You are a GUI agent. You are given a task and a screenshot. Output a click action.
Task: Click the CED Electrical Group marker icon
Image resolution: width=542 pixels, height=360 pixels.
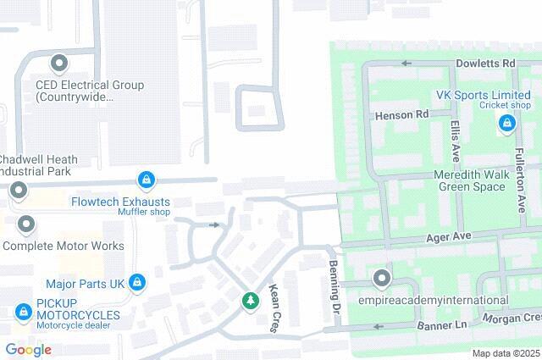pos(59,64)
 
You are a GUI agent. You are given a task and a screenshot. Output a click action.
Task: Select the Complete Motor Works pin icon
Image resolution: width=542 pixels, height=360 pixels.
pos(27,225)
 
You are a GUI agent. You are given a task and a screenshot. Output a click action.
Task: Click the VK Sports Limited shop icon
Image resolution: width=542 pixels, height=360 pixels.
pos(506,124)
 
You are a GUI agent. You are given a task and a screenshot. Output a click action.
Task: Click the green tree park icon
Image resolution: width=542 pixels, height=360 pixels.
pos(250,300)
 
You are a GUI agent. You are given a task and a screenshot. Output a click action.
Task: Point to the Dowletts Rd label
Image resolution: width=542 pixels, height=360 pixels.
pos(486,64)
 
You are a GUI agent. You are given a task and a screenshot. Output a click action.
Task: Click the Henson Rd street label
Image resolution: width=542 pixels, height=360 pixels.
pos(401,114)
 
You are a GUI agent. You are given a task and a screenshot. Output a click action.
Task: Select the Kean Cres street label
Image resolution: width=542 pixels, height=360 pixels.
pos(275,308)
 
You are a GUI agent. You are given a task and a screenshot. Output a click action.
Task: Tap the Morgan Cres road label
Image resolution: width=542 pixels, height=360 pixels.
pos(512,318)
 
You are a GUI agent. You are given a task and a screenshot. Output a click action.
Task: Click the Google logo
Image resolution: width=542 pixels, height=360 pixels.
pos(28,349)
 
